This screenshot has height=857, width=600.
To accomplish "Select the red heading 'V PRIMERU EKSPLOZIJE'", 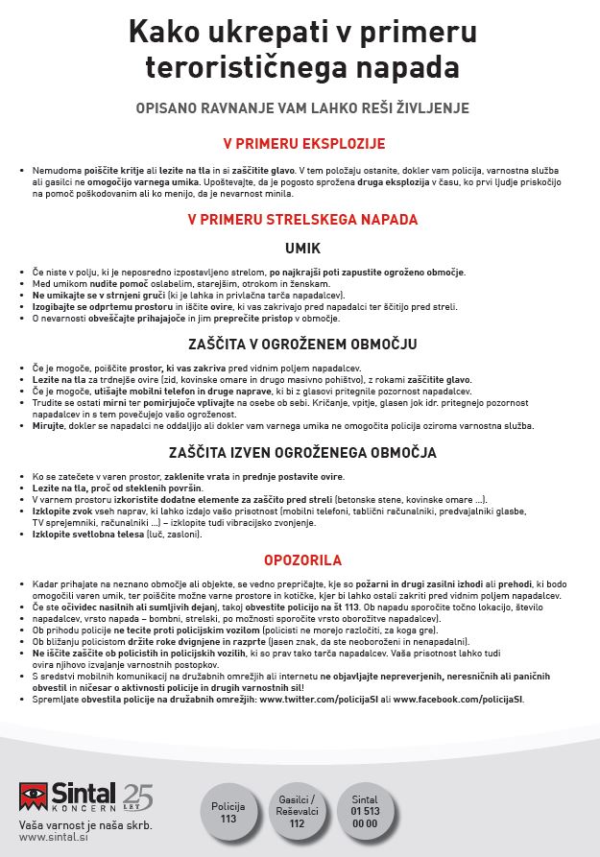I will click(x=303, y=144).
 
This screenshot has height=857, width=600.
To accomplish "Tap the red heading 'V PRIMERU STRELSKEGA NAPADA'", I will click(x=302, y=220).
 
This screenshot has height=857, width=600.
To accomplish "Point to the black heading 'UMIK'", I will click(x=302, y=248).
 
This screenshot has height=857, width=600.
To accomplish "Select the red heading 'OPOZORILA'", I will click(x=302, y=559).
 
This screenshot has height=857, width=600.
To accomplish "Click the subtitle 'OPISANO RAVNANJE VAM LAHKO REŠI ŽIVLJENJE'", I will click(x=302, y=107).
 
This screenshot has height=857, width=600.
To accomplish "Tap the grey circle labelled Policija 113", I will click(x=228, y=812).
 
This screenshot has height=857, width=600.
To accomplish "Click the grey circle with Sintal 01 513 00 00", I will click(x=365, y=812).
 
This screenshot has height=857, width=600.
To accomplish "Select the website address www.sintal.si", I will click(x=49, y=837).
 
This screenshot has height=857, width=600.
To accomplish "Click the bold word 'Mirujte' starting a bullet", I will click(x=48, y=425).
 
